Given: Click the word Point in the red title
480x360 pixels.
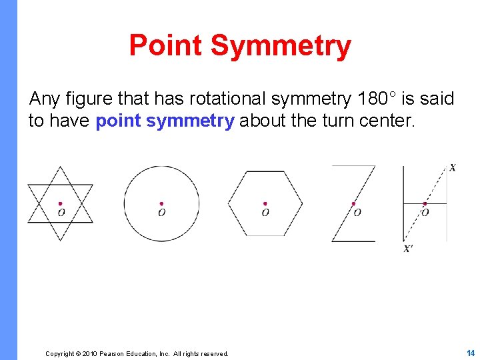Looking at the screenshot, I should point(166,45).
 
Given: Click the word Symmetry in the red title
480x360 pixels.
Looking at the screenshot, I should point(280,45).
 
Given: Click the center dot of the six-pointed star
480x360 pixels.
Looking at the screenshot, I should point(60,204).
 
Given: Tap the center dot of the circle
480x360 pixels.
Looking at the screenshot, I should point(161,204).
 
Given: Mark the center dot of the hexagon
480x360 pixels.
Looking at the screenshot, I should point(265,204).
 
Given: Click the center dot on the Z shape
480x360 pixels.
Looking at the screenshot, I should point(353,204).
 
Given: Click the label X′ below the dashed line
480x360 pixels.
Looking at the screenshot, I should point(408,249).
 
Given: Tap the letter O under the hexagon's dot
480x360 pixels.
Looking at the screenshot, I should point(265,213).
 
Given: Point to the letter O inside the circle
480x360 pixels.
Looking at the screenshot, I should point(161,213).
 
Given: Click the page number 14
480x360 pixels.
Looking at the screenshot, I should point(470,353).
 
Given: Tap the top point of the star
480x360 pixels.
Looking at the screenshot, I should point(60,167).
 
